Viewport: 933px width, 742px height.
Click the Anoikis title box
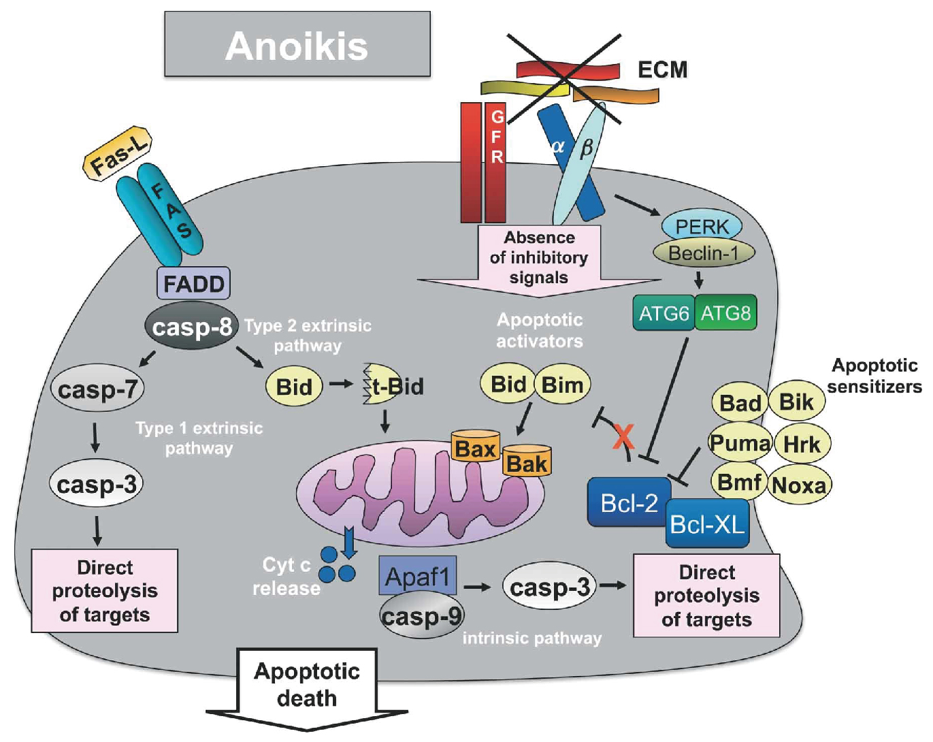click(x=297, y=44)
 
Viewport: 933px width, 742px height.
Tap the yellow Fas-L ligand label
click(x=117, y=154)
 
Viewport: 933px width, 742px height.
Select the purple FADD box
click(x=193, y=283)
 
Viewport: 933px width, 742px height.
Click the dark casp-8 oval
click(x=191, y=327)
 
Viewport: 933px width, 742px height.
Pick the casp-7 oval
click(x=97, y=389)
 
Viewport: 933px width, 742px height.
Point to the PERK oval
click(x=701, y=226)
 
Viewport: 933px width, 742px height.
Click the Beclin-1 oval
click(x=704, y=253)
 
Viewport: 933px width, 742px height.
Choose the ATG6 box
click(x=664, y=313)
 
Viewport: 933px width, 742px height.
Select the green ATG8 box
click(x=725, y=313)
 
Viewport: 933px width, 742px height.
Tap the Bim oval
click(x=562, y=385)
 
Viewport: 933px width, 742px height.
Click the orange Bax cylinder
click(x=475, y=447)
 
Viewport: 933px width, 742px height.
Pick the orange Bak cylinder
click(x=527, y=463)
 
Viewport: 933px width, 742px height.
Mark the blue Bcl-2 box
click(x=628, y=502)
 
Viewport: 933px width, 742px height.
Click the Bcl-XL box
click(x=707, y=523)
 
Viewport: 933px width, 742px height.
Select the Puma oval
click(x=740, y=443)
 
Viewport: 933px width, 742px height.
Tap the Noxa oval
click(x=800, y=485)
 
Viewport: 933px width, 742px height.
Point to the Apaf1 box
click(x=417, y=576)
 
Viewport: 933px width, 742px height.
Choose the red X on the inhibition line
click(x=623, y=436)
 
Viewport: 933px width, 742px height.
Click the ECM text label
click(x=662, y=69)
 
